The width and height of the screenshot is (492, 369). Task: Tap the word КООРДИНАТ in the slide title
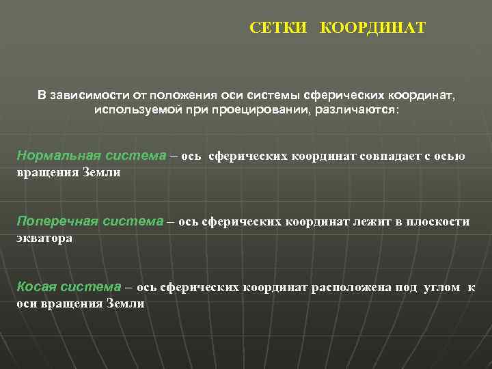(x=372, y=28)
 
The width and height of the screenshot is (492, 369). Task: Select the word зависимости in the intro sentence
(x=87, y=96)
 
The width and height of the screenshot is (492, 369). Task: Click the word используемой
(x=133, y=109)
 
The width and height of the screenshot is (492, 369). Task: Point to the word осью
(x=452, y=156)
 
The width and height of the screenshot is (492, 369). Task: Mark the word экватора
(x=44, y=238)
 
